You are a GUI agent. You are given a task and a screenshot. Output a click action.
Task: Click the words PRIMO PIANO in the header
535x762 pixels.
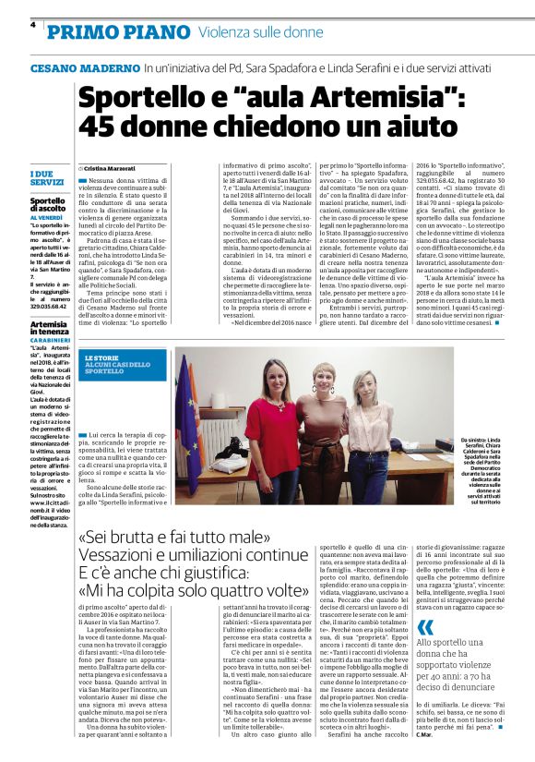coord(97,32)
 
